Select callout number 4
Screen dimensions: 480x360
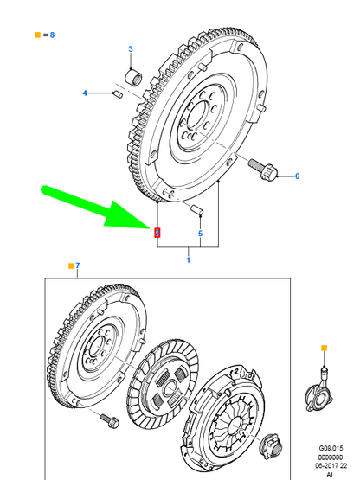86,93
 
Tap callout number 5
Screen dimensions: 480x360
200,234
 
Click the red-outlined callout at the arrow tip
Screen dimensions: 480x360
157,232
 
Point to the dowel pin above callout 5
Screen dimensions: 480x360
197,209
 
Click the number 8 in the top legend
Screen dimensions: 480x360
52,35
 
